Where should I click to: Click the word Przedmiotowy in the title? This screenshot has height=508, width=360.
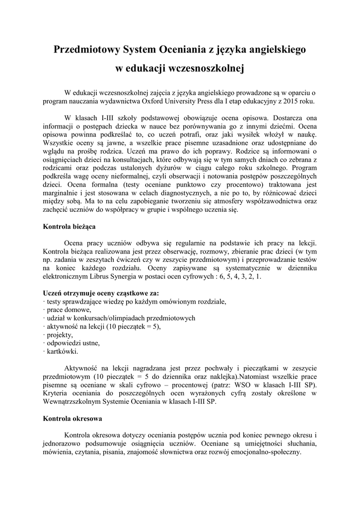(x=84, y=50)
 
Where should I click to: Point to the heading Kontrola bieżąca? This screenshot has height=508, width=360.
(x=70, y=226)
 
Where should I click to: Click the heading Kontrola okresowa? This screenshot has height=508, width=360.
(x=72, y=418)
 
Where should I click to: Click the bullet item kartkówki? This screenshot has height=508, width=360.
(x=62, y=352)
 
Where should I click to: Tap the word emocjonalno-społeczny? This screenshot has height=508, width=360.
(x=262, y=452)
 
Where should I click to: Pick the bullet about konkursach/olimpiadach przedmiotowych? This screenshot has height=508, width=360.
(x=120, y=318)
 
